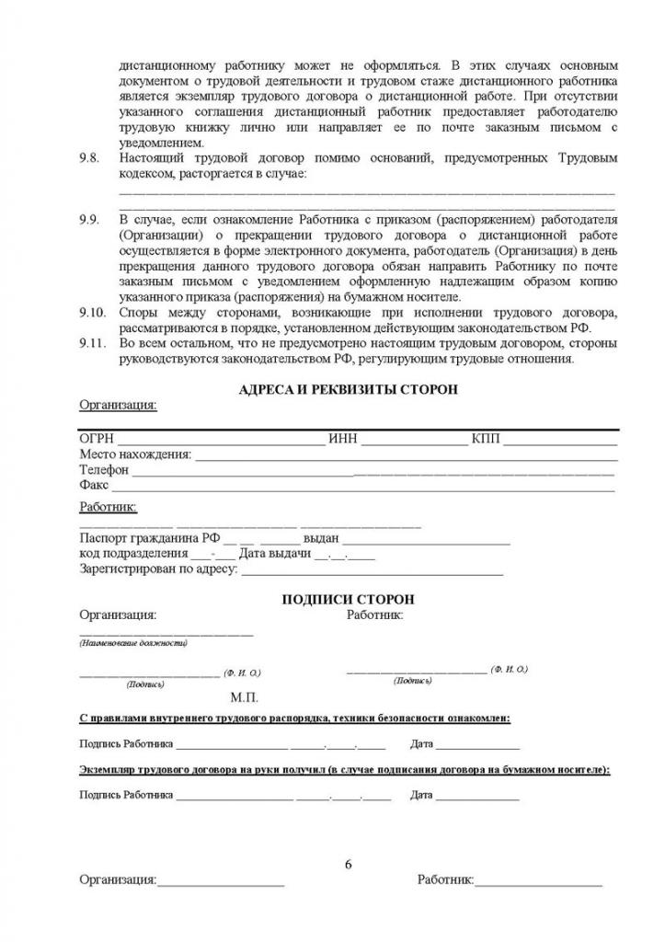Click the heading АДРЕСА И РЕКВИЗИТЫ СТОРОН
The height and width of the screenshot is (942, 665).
348,389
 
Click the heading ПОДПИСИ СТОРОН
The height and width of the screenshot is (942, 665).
348,598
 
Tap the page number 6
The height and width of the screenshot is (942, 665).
348,864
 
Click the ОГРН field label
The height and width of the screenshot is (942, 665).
97,439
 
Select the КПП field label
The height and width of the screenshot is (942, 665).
485,439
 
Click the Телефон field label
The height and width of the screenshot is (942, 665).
104,469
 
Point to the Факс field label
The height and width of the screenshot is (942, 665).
94,484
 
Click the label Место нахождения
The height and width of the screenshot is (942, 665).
135,454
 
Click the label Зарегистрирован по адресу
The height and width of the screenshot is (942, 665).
158,569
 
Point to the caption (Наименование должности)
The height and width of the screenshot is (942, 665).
133,642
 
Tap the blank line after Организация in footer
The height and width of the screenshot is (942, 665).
221,882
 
